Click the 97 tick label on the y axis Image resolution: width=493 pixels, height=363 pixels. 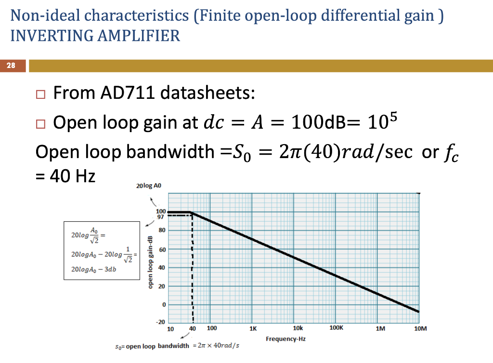click(161, 217)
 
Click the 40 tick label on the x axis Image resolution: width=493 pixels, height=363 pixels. click(193, 329)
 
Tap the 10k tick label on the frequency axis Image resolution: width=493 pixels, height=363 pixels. click(298, 329)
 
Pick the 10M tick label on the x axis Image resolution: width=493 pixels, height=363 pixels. click(420, 329)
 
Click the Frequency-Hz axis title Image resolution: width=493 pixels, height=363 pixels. click(285, 339)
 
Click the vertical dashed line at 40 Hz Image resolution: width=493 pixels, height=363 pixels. click(193, 270)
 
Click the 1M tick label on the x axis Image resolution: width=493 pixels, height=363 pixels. click(380, 329)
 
